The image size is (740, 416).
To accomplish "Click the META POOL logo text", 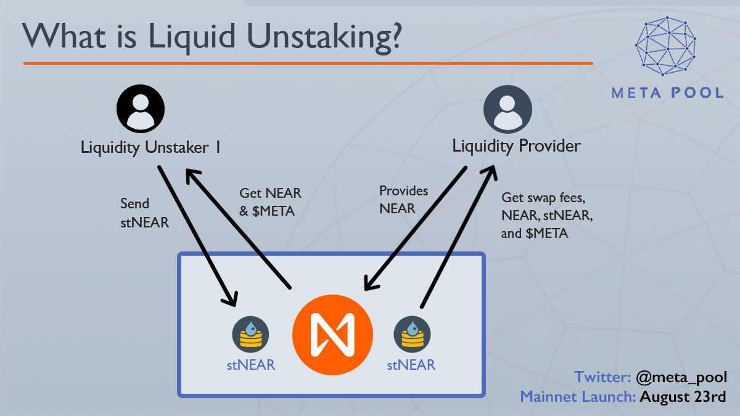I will tap(667, 93).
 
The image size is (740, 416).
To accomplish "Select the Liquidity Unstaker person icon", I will tap(141, 108).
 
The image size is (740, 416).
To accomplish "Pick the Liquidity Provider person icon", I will tap(508, 108).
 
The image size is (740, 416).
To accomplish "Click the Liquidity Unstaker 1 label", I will tap(151, 148).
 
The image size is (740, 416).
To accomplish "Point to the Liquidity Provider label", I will tap(516, 147).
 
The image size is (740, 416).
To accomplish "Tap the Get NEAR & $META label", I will tap(270, 202).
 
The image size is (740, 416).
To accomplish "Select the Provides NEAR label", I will tap(403, 200).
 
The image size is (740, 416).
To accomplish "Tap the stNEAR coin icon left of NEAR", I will tap(250, 335).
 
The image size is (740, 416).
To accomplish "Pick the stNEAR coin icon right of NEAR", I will tap(412, 335).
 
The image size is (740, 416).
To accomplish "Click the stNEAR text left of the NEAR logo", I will tap(250, 365).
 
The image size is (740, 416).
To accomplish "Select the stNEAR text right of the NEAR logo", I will tap(411, 365).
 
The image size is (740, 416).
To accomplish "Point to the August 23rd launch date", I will tap(683, 396).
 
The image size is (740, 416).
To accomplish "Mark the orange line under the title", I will tap(308, 63).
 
